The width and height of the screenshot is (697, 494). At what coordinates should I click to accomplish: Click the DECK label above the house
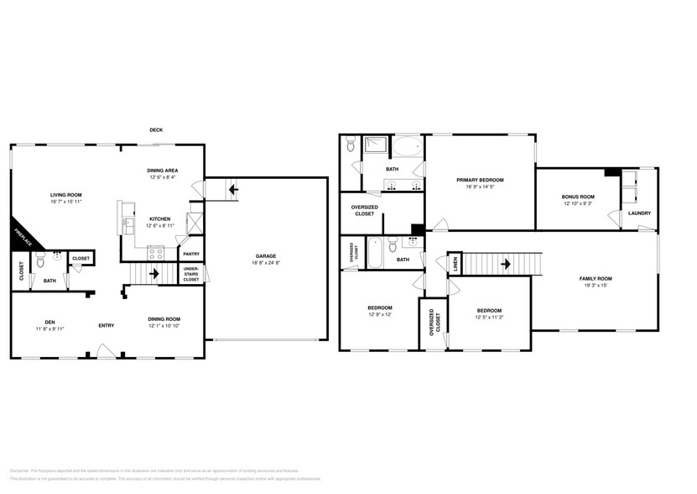156,129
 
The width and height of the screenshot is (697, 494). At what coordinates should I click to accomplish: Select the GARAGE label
266,256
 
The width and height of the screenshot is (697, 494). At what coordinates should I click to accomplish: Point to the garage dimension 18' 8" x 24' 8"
266,263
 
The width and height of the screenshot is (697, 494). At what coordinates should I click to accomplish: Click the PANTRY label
191,254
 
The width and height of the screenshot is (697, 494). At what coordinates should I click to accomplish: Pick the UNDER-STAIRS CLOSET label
191,274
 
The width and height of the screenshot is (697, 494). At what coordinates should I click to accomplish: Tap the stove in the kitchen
156,250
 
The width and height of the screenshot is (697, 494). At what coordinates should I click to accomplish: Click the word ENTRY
107,325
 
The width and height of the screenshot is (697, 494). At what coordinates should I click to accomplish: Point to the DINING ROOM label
164,319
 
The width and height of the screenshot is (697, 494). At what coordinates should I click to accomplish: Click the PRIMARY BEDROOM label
480,180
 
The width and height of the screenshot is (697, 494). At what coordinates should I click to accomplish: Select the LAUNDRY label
639,213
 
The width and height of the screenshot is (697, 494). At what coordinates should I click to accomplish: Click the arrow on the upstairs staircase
506,263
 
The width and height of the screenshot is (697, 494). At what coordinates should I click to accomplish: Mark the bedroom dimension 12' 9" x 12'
379,314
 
